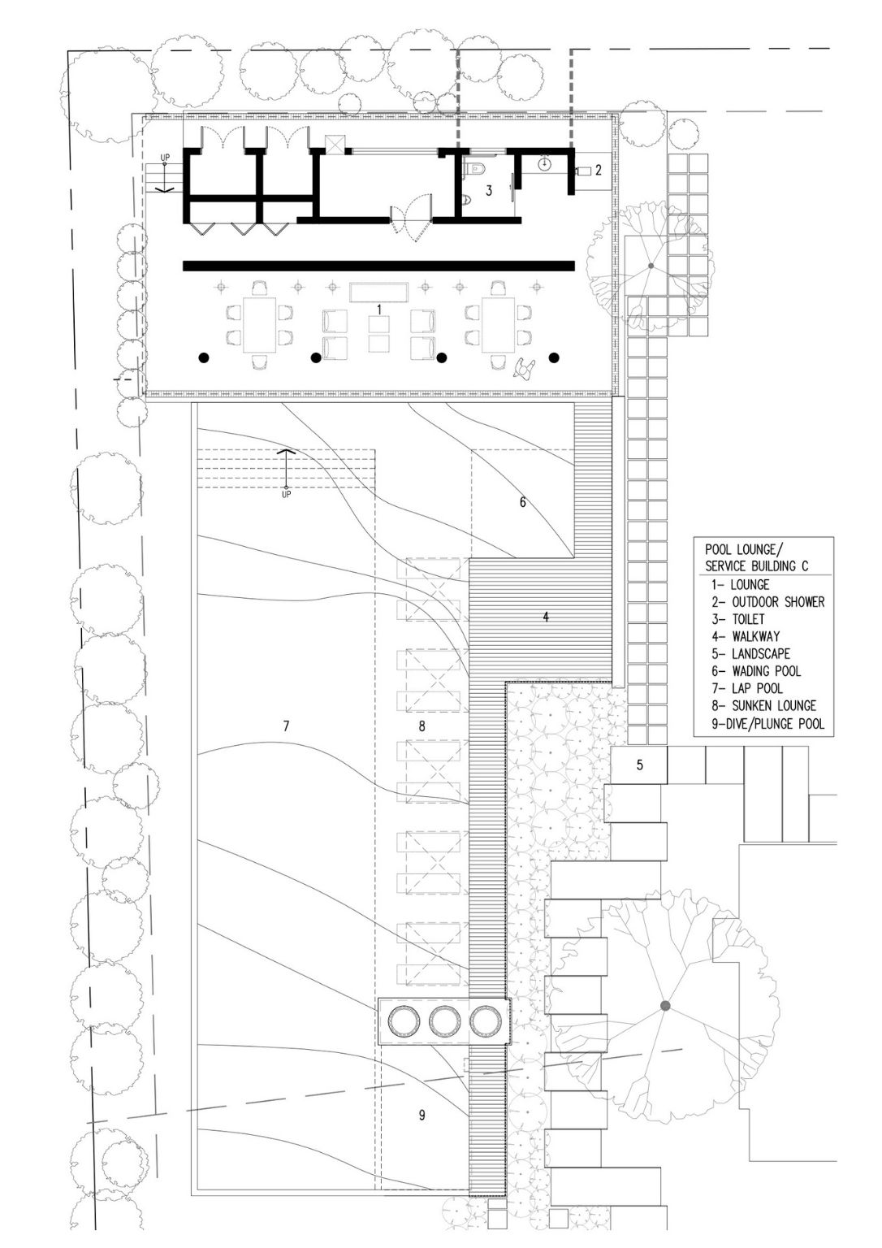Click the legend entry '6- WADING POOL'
click(755, 671)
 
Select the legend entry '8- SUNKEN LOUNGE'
click(763, 706)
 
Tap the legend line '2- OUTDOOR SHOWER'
click(767, 602)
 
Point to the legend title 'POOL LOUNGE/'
click(740, 549)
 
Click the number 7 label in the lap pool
click(286, 726)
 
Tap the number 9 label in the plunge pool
click(422, 1114)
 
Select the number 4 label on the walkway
click(546, 617)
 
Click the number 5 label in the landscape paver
click(639, 765)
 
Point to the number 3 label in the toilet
click(488, 191)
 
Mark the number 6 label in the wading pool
click(522, 502)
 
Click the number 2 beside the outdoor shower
click(598, 170)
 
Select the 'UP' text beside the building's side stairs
click(165, 158)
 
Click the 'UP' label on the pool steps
click(286, 494)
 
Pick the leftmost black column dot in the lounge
click(205, 357)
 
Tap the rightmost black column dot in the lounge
click(553, 357)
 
